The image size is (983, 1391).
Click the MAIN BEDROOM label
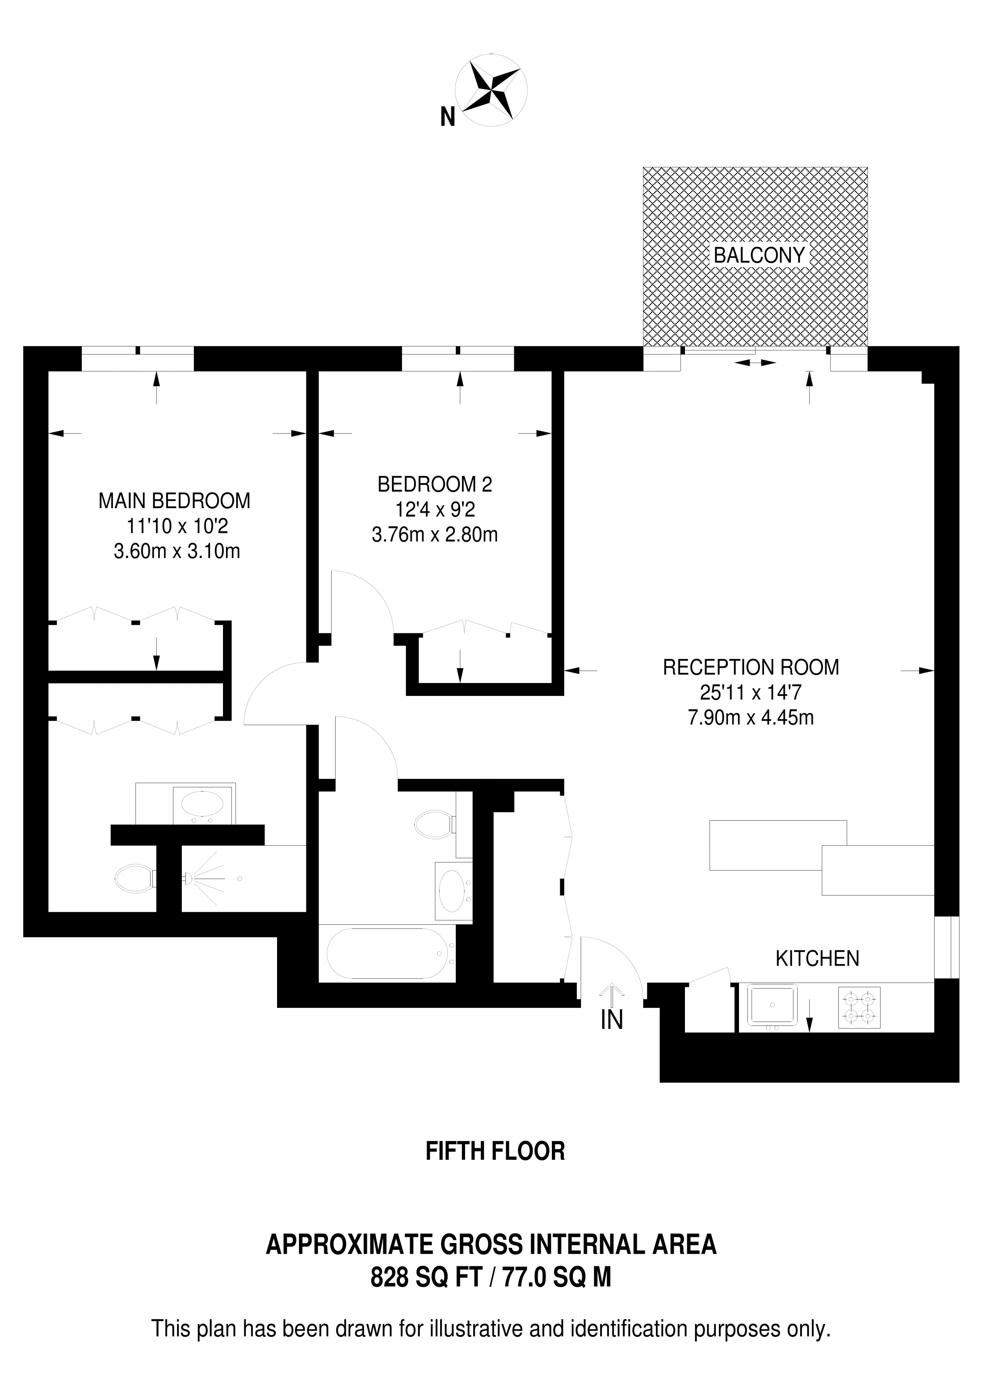pyautogui.click(x=174, y=501)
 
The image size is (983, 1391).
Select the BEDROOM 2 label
pyautogui.click(x=435, y=484)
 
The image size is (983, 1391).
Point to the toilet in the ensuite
pyautogui.click(x=136, y=877)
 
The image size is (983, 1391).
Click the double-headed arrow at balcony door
pyautogui.click(x=756, y=363)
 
